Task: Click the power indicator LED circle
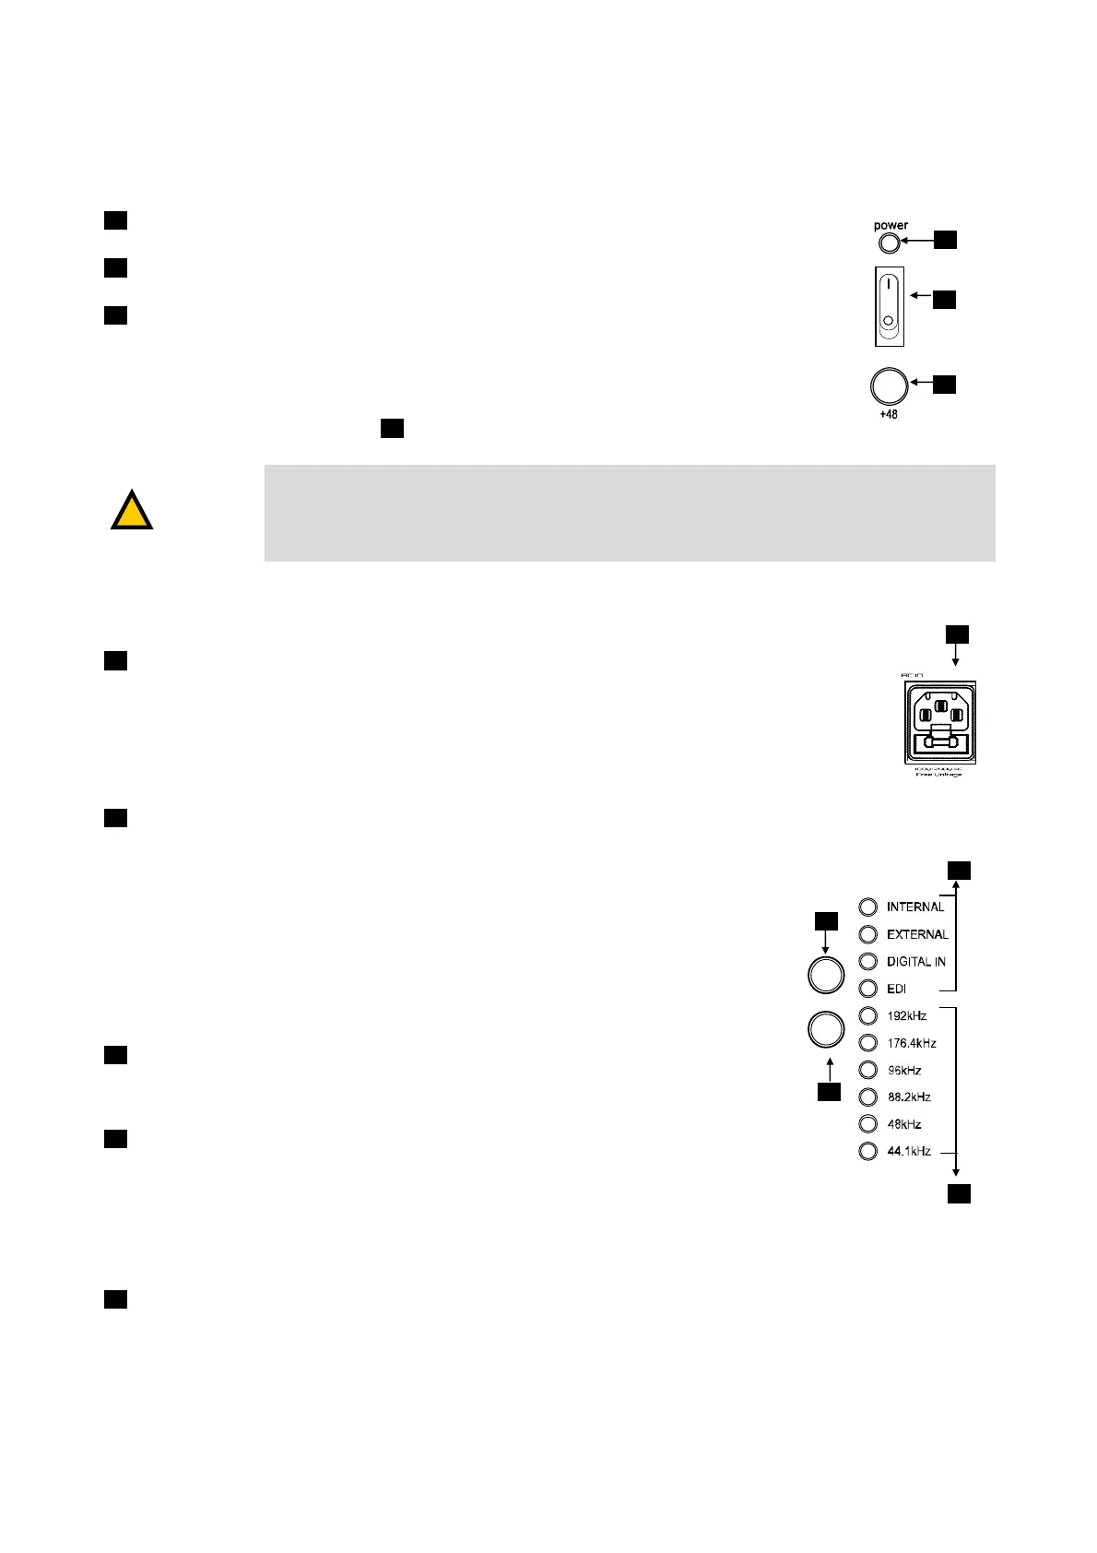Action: (889, 243)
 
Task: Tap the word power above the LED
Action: (891, 225)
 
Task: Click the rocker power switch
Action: (890, 307)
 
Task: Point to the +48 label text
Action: (888, 415)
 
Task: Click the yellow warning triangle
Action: (132, 512)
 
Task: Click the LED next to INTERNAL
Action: (867, 907)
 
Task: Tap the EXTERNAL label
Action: (917, 934)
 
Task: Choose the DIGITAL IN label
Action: (915, 962)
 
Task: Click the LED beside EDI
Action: (867, 989)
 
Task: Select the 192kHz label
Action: (907, 1016)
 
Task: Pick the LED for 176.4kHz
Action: (867, 1043)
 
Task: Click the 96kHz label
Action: (904, 1071)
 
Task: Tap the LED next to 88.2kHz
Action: (867, 1097)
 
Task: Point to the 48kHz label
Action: (904, 1124)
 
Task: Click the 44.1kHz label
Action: (909, 1151)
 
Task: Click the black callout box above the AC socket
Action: (958, 634)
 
